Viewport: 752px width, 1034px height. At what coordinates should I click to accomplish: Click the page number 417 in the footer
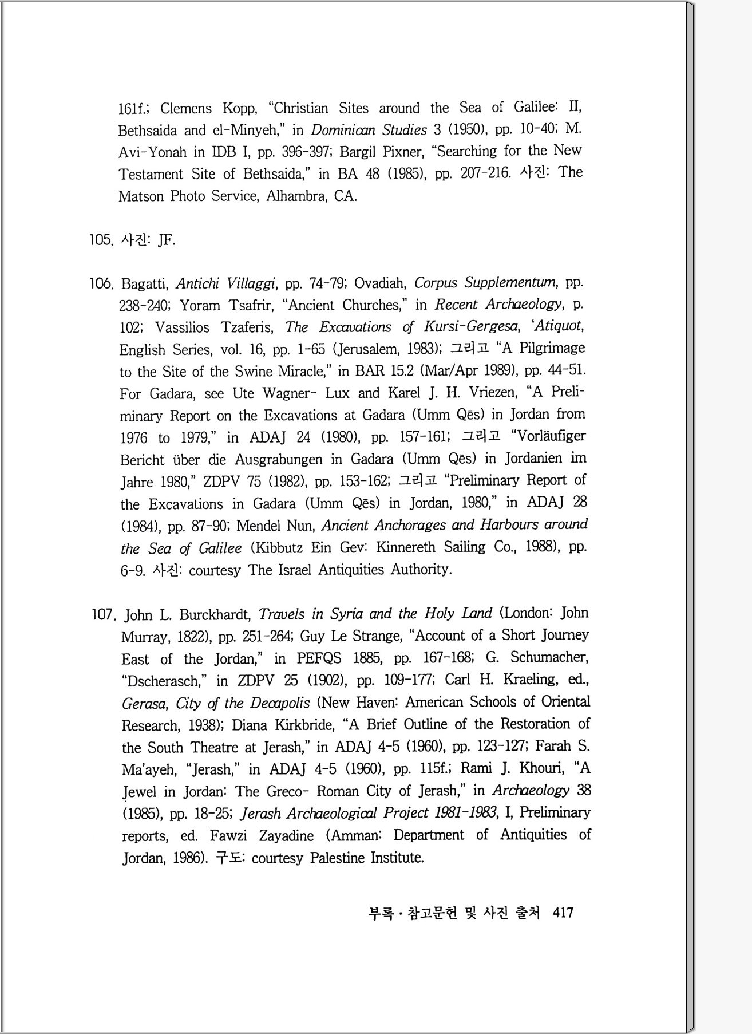(x=563, y=913)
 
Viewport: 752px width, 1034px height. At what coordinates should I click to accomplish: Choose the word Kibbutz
(x=278, y=548)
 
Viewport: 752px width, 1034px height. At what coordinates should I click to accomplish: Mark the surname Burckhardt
(x=215, y=615)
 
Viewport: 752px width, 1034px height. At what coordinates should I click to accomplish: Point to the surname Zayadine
(x=286, y=836)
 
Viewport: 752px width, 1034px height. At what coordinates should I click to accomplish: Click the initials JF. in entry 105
(x=166, y=240)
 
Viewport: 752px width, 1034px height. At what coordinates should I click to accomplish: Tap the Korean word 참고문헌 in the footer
(x=431, y=913)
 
